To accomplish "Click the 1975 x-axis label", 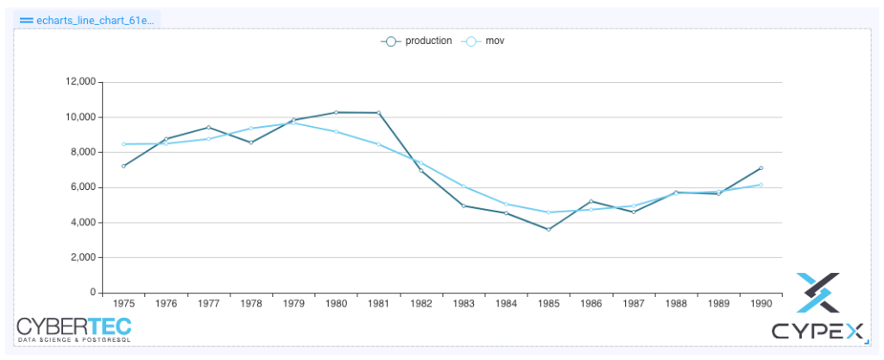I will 123,304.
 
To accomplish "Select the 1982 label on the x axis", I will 421,304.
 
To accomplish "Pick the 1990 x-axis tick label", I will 761,304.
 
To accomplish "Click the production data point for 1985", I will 548,229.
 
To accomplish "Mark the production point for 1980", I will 336,112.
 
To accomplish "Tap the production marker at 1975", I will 123,166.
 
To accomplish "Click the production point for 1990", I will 761,167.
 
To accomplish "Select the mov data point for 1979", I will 294,123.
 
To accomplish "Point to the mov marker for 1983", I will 464,186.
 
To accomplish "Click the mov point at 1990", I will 761,185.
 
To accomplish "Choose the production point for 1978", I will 251,142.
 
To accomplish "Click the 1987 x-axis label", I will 634,304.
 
